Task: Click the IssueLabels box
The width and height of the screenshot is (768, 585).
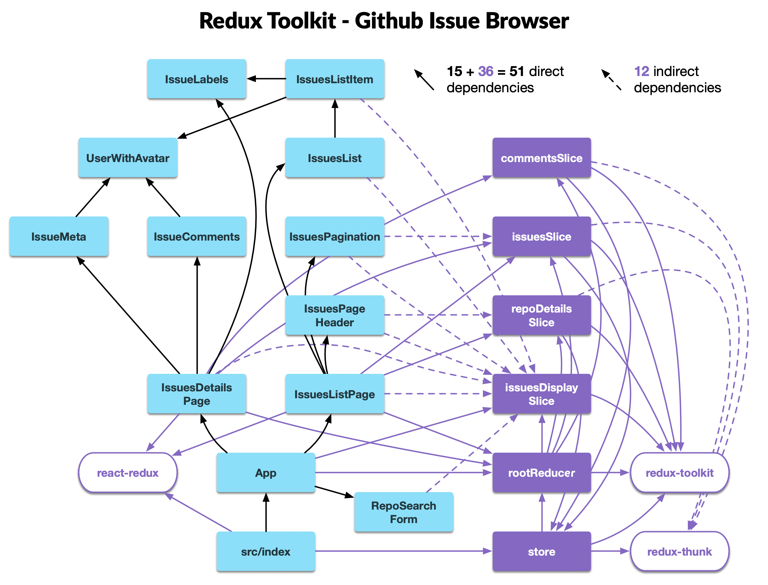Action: [x=197, y=79]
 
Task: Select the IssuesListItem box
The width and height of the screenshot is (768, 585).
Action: [x=335, y=79]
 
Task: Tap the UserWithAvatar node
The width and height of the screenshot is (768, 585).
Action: [x=127, y=158]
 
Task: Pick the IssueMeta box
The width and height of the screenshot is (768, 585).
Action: [x=59, y=237]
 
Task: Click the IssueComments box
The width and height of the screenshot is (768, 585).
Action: [x=197, y=237]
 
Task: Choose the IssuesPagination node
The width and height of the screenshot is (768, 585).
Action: [x=335, y=237]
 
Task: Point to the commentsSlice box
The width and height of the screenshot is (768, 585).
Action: [x=542, y=158]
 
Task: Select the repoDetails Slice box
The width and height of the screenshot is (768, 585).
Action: [x=542, y=315]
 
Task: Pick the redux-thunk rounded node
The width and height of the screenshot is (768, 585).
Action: [x=679, y=551]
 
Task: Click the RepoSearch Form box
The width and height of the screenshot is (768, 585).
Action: [x=403, y=512]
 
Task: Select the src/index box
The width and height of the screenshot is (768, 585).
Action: [x=266, y=551]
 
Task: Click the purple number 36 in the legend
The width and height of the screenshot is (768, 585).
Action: [x=485, y=71]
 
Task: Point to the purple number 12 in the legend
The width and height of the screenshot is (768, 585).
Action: [x=641, y=71]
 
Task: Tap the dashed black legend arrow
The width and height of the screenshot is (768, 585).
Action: [x=611, y=80]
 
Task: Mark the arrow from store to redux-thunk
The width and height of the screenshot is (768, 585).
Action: [x=610, y=551]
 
